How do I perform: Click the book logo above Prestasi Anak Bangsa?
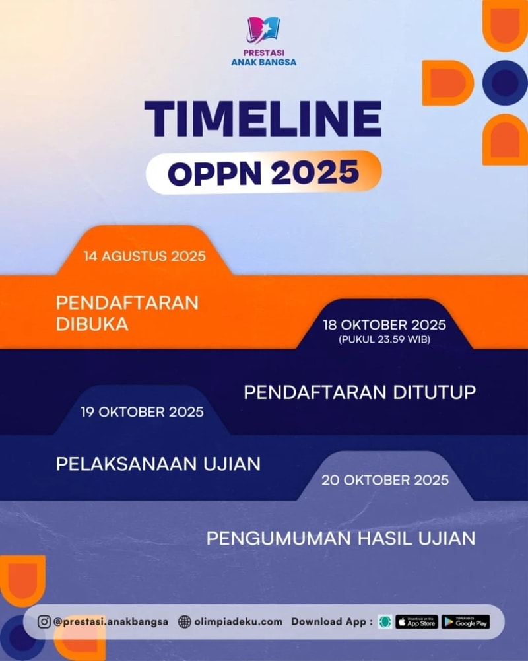(263, 30)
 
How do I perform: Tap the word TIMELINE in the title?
(263, 119)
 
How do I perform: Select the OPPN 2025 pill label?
(264, 172)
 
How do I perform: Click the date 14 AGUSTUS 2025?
(145, 256)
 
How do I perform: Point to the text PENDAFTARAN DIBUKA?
(127, 314)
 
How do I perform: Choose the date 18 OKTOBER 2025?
(384, 325)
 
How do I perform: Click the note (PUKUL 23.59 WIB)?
(384, 340)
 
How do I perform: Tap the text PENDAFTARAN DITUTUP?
(360, 392)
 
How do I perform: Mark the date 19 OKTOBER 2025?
(143, 412)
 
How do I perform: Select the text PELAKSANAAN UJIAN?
(158, 464)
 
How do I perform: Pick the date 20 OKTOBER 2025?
(385, 480)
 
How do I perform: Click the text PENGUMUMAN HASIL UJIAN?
(341, 539)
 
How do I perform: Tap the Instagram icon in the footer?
(44, 622)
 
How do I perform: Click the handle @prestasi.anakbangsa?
(111, 622)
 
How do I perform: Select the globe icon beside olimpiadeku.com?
(184, 622)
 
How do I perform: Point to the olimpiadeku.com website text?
(238, 622)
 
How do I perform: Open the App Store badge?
(416, 622)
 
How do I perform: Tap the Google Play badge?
(466, 622)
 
